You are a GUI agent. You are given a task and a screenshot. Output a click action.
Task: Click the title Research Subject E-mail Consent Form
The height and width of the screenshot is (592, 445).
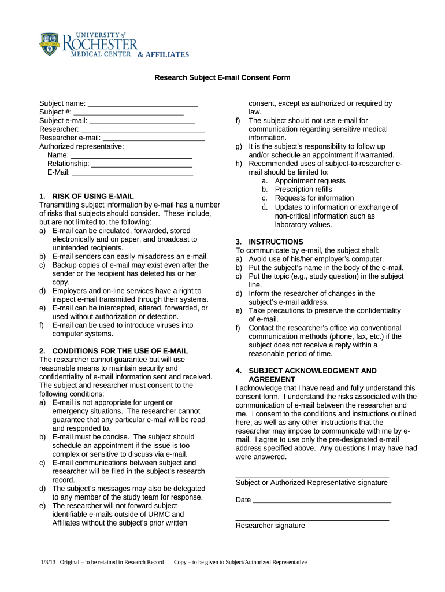tap(222, 77)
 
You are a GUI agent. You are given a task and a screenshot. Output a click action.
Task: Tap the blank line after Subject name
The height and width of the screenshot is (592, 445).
tap(142, 105)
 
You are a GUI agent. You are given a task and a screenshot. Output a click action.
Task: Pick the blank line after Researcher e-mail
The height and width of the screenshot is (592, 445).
tap(153, 139)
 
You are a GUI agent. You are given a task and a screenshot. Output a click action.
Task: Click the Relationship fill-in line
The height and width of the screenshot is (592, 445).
tap(142, 164)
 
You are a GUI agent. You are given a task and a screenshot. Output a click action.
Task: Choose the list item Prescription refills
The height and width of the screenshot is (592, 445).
tap(303, 190)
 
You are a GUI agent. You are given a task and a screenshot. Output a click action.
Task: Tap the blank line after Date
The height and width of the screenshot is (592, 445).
tap(322, 501)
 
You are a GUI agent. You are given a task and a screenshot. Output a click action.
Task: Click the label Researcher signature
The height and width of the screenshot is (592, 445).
tap(270, 526)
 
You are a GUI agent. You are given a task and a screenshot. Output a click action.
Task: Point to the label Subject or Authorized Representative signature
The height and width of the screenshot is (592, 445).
tap(311, 483)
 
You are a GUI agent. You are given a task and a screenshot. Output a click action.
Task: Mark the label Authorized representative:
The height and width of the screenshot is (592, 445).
tap(81, 147)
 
